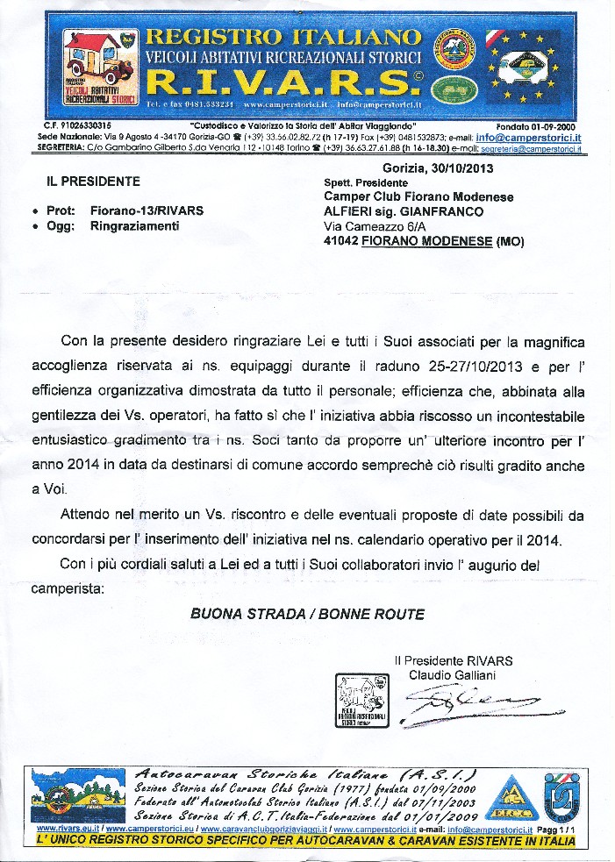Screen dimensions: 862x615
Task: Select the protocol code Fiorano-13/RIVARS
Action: pos(147,210)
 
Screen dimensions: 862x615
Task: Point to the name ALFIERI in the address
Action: pos(347,211)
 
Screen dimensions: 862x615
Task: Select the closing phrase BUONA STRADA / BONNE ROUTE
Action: pos(307,614)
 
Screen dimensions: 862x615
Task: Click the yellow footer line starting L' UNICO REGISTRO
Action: pos(306,841)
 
